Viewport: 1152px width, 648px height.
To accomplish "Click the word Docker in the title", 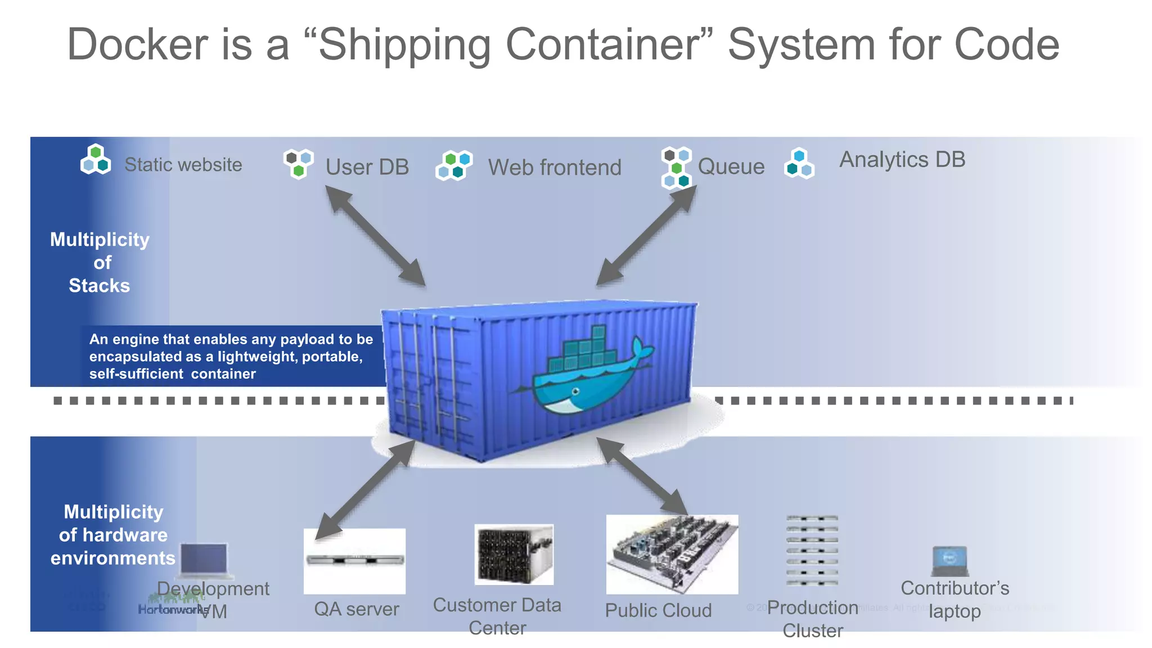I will [x=138, y=45].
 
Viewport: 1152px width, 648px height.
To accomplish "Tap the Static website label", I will [x=183, y=165].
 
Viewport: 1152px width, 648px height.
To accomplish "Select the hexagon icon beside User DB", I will [x=298, y=163].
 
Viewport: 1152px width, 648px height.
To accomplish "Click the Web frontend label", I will [x=554, y=168].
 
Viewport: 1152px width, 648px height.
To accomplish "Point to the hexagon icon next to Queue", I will [x=676, y=168].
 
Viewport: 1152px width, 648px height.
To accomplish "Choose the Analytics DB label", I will [x=902, y=160].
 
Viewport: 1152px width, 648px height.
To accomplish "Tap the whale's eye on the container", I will [x=575, y=391].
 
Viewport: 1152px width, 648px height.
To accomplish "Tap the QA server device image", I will [x=354, y=560].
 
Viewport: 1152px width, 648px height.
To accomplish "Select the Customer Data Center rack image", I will [x=514, y=554].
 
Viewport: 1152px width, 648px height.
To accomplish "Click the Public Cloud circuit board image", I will [x=672, y=554].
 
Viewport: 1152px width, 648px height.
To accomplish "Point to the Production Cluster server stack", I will [x=812, y=550].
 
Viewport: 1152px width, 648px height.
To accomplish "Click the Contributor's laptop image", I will [x=949, y=561].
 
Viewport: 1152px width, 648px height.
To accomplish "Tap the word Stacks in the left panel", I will [x=99, y=286].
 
